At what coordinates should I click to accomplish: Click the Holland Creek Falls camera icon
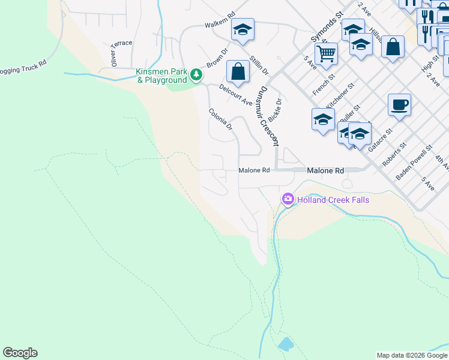288,199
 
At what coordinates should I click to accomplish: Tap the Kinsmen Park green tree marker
196,74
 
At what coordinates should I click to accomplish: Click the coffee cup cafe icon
399,105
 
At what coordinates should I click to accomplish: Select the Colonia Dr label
221,119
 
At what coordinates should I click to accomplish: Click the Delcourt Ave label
235,95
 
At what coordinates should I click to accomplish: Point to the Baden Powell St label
414,163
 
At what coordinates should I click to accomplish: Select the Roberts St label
394,154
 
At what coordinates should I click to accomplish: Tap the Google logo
20,353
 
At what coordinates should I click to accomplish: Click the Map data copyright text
412,355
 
